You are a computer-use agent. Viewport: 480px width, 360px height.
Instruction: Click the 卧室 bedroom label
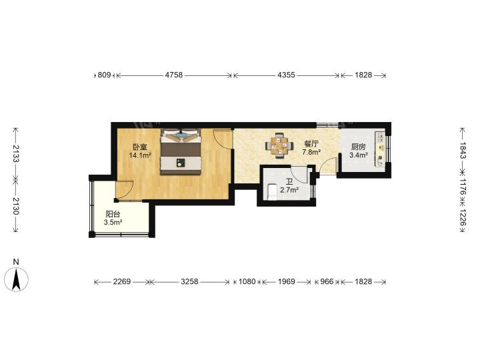pyautogui.click(x=140, y=147)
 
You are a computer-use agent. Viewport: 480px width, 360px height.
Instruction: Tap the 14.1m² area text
pyautogui.click(x=140, y=155)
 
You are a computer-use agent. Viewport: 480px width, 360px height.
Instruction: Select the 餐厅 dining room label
pyautogui.click(x=311, y=144)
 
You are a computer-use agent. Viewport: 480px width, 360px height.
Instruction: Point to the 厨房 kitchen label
pyautogui.click(x=359, y=147)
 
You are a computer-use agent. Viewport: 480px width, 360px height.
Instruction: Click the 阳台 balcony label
pyautogui.click(x=113, y=214)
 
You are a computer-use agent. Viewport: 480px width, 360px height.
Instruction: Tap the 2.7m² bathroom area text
pyautogui.click(x=289, y=190)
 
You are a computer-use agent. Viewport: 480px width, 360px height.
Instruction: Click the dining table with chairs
pyautogui.click(x=279, y=145)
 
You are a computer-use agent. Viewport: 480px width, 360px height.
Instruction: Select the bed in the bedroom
pyautogui.click(x=181, y=151)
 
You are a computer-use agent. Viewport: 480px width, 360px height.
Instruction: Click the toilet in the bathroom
pyautogui.click(x=272, y=192)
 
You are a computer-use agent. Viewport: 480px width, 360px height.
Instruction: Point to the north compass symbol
pyautogui.click(x=16, y=279)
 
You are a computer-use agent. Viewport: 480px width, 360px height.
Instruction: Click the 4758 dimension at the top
pyautogui.click(x=174, y=75)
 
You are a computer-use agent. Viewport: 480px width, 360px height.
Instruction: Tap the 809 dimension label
pyautogui.click(x=104, y=75)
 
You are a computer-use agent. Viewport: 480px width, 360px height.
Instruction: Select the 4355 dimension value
pyautogui.click(x=286, y=75)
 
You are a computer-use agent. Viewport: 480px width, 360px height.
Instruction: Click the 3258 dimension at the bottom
pyautogui.click(x=189, y=281)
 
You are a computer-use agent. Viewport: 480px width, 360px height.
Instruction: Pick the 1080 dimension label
pyautogui.click(x=247, y=281)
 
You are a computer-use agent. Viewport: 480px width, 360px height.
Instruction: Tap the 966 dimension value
pyautogui.click(x=327, y=281)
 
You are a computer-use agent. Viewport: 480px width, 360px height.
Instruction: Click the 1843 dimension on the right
pyautogui.click(x=463, y=150)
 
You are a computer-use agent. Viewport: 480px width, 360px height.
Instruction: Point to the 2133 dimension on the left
pyautogui.click(x=16, y=153)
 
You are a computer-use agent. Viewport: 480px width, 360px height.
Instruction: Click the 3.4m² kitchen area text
pyautogui.click(x=359, y=155)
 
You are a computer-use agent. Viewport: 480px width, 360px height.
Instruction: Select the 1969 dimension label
pyautogui.click(x=287, y=281)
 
